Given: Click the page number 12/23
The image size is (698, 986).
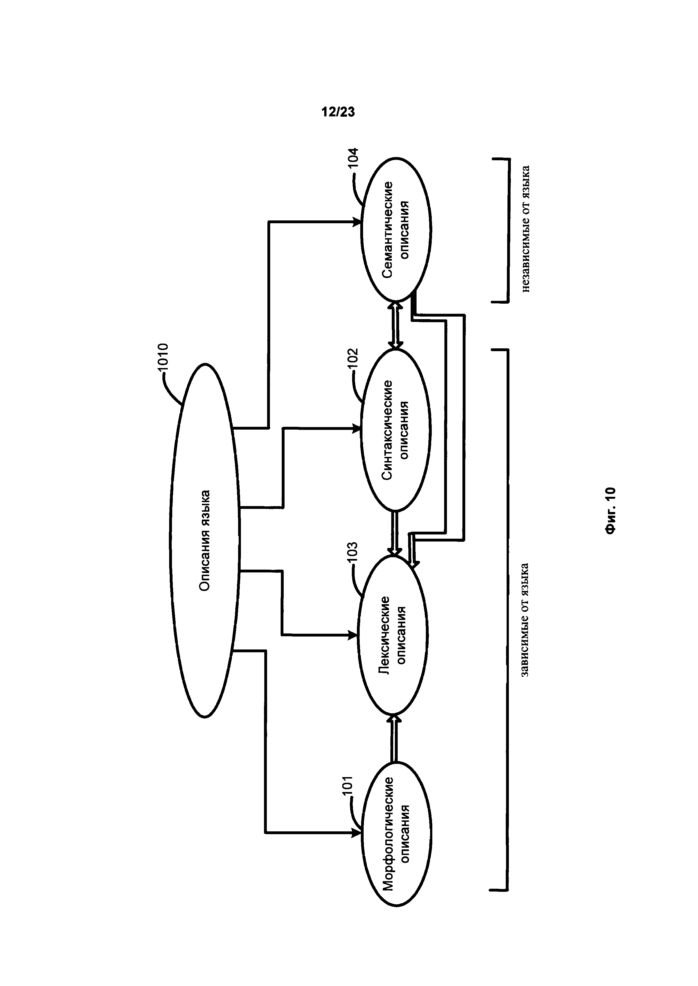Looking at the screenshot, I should tap(338, 112).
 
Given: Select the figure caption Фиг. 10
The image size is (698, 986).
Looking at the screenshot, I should tap(610, 511).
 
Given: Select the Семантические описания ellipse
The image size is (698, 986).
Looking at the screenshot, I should tap(396, 229).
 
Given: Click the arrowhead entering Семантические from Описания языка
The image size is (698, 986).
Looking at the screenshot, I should tap(357, 222).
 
